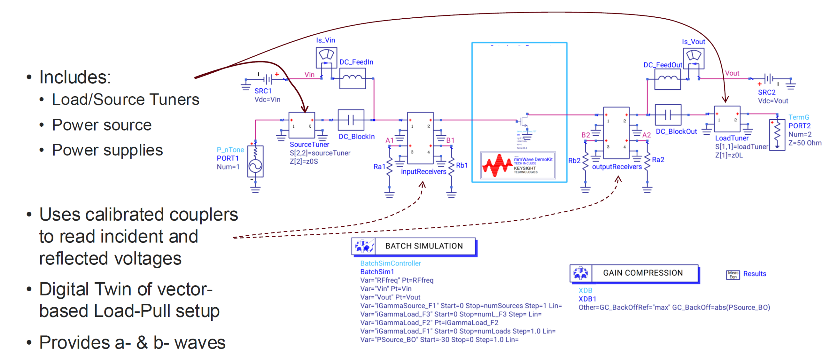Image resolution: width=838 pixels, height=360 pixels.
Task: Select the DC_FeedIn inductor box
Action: [x=352, y=79]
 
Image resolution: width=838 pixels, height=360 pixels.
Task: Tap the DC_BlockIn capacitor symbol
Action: [x=350, y=120]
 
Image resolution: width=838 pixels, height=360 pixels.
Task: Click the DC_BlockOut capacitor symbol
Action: [x=667, y=115]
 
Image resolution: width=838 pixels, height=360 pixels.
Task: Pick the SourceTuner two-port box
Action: [x=301, y=125]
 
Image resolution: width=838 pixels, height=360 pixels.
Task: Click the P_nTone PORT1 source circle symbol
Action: [x=255, y=166]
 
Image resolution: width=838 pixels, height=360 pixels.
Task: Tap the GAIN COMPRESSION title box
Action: [x=642, y=273]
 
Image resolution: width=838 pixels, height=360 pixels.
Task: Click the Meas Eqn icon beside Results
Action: [x=732, y=274]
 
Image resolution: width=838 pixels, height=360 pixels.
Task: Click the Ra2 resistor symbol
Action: [x=647, y=161]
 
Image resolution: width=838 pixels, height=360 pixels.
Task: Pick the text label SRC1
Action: [x=263, y=91]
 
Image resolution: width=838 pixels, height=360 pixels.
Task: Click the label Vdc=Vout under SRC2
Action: [x=773, y=101]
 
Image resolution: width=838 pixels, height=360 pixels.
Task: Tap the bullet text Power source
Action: [x=101, y=125]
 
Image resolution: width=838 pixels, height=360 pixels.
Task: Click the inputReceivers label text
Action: [x=423, y=171]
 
